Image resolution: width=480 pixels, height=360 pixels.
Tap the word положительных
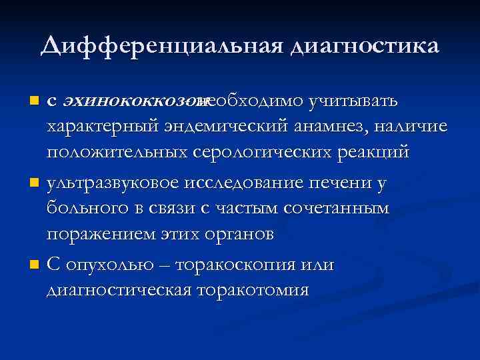tap(118, 151)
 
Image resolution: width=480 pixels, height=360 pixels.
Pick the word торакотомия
tap(252, 291)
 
